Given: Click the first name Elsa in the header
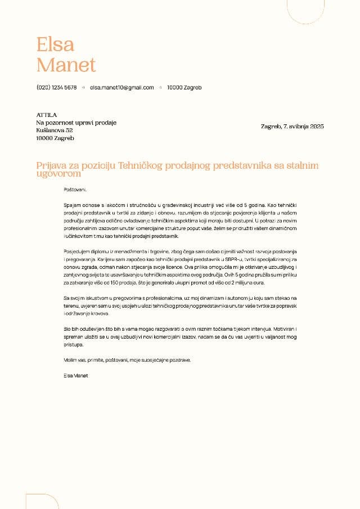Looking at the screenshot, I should click(55, 44).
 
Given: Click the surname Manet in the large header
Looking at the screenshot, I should click(66, 65).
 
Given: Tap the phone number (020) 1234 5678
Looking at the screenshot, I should click(56, 88).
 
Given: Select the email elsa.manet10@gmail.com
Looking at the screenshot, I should click(121, 88).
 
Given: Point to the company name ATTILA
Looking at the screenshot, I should click(47, 115).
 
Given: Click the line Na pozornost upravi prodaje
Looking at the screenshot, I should click(76, 122).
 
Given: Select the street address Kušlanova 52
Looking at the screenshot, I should click(55, 130).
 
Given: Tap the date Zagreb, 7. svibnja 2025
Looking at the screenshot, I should click(292, 126).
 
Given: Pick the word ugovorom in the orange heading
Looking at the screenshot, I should click(58, 174).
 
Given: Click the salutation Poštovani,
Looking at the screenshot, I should click(76, 190).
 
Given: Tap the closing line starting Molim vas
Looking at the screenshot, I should click(127, 360).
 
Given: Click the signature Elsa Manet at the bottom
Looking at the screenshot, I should click(76, 376).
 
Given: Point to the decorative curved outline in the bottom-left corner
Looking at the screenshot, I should click(42, 501).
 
